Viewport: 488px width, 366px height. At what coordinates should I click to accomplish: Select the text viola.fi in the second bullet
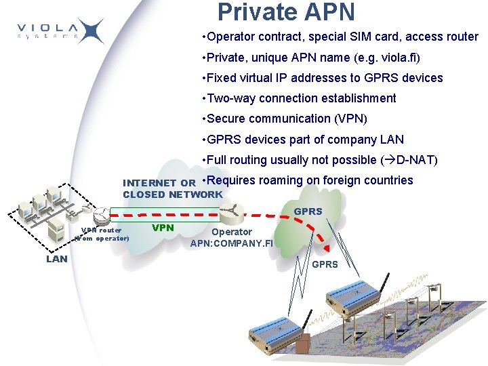(389, 58)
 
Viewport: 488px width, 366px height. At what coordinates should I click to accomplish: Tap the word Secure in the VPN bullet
(226, 119)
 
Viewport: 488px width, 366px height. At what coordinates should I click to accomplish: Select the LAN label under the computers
(57, 258)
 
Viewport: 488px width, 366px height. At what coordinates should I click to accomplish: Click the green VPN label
(163, 228)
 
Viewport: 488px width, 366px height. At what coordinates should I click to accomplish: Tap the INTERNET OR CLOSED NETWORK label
(172, 188)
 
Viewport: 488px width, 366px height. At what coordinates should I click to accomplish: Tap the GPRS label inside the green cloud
(308, 211)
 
